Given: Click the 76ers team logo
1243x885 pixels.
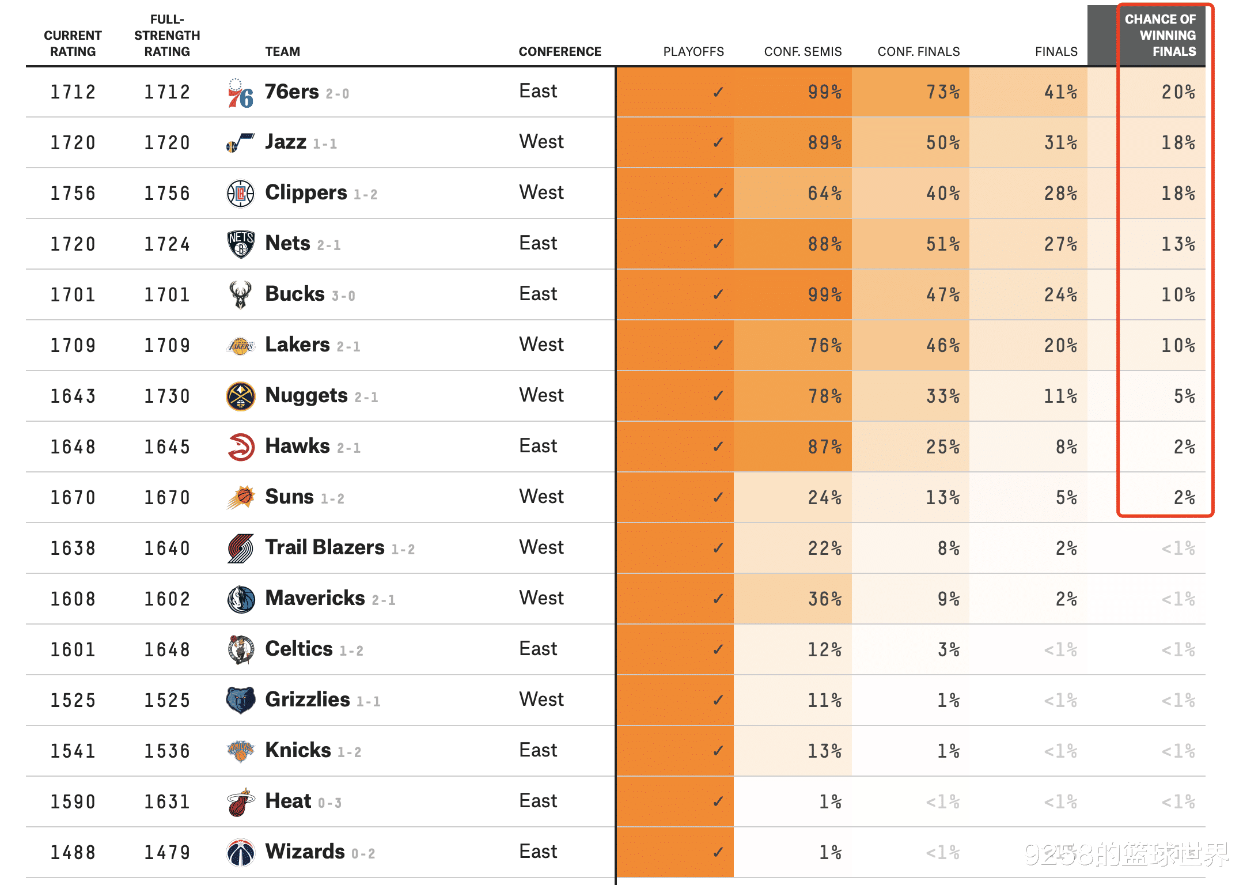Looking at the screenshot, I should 240,93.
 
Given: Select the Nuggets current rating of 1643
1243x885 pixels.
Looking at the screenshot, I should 73,396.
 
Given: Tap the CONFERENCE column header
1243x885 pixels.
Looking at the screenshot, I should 559,52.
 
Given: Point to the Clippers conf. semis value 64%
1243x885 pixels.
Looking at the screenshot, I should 824,194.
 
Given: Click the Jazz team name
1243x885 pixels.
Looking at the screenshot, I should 286,142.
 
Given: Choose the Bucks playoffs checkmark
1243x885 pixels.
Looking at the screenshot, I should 718,295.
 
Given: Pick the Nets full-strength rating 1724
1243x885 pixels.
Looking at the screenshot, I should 167,244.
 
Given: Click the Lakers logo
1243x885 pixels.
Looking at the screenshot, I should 240,346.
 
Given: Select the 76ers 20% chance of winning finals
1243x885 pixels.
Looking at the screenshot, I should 1178,92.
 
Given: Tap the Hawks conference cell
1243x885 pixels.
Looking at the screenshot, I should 538,447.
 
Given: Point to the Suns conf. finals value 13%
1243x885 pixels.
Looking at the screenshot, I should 942,498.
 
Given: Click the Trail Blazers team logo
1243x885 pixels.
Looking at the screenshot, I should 240,549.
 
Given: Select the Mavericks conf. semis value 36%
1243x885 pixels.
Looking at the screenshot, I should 824,599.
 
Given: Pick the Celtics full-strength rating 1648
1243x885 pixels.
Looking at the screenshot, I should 167,650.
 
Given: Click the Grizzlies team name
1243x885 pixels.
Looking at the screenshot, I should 308,699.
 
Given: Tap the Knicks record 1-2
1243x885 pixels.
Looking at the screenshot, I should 349,752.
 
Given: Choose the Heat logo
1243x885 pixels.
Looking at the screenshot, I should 240,802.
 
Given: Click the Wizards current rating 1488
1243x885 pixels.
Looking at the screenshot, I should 73,853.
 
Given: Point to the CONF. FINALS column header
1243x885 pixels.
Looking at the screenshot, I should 918,52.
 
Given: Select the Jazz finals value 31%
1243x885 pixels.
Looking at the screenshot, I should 1060,143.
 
